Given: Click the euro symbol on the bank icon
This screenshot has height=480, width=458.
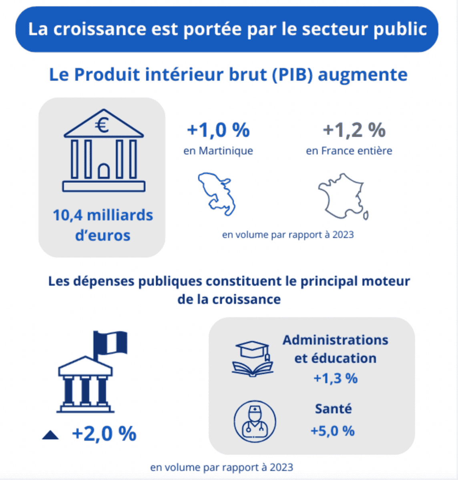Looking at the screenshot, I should click(103, 126).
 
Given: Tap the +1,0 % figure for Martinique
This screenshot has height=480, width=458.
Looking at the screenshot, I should click(218, 130).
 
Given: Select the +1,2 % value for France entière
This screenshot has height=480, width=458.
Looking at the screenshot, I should click(354, 130).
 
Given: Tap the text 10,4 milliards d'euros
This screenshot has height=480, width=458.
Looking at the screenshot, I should click(103, 225).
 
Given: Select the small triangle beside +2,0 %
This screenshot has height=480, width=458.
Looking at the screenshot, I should click(50, 435).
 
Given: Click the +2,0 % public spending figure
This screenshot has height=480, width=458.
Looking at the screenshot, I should click(104, 434).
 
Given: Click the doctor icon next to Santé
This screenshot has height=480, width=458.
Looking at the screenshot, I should click(255, 422).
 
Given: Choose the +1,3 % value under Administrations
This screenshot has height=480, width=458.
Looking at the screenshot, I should click(335, 378).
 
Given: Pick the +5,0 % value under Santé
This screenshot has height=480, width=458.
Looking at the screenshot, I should click(333, 431).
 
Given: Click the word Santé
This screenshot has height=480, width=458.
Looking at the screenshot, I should click(333, 409).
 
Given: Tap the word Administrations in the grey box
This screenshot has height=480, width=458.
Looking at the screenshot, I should click(335, 340).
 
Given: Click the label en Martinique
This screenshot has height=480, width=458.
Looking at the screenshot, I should click(218, 151).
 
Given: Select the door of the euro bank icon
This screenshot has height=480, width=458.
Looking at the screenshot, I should click(104, 171).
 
